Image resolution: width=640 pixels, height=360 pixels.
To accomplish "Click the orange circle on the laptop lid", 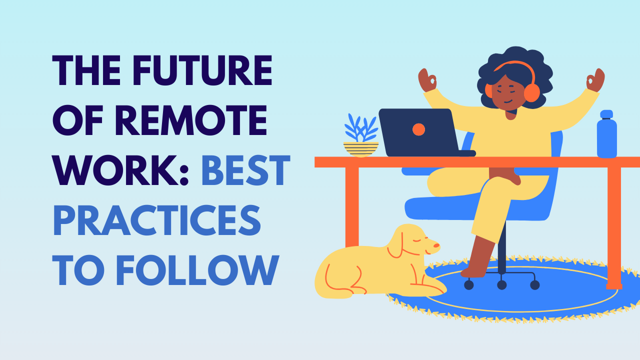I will point(418,129).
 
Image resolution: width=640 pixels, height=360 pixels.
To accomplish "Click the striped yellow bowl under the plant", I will point(361,148).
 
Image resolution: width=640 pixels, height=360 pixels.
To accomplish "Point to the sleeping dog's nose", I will point(436,245).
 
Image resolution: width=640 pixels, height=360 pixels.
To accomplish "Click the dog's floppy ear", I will point(395,244).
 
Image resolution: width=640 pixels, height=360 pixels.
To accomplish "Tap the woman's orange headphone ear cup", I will point(531,93).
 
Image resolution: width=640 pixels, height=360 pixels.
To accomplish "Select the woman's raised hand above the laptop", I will point(427,80).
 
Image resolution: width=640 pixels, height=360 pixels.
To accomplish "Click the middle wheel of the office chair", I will point(501,284).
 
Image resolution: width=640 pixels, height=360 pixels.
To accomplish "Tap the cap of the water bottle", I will point(606,114).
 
